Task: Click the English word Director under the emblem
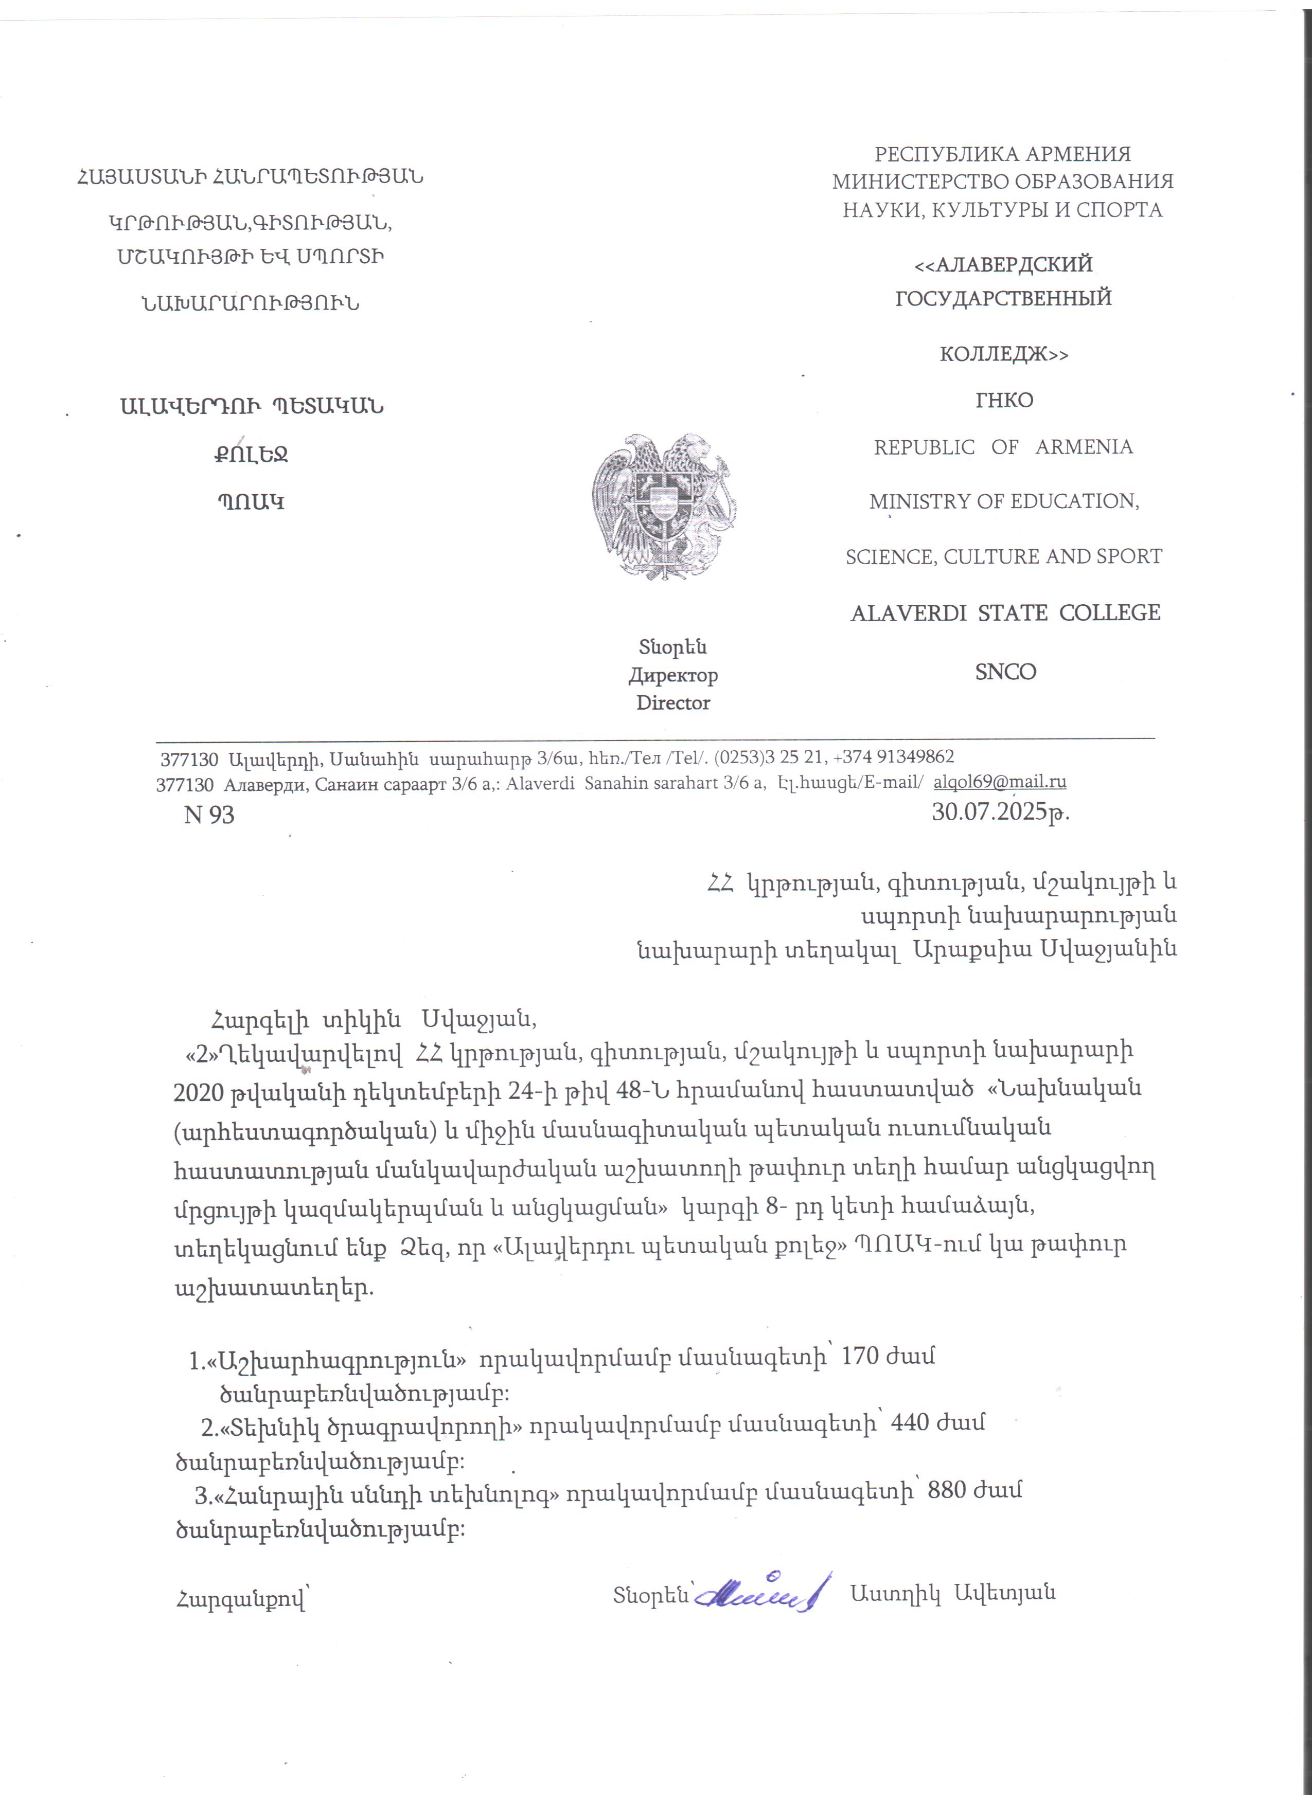(x=673, y=703)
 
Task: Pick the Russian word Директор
(x=673, y=675)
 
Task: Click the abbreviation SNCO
(x=1006, y=672)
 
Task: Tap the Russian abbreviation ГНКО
(x=1004, y=400)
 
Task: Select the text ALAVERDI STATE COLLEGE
(x=1005, y=614)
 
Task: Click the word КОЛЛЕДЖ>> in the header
(x=1004, y=354)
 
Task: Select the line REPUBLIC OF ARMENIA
(x=1003, y=447)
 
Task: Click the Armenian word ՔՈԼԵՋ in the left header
(x=250, y=455)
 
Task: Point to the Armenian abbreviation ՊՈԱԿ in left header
(x=251, y=503)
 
